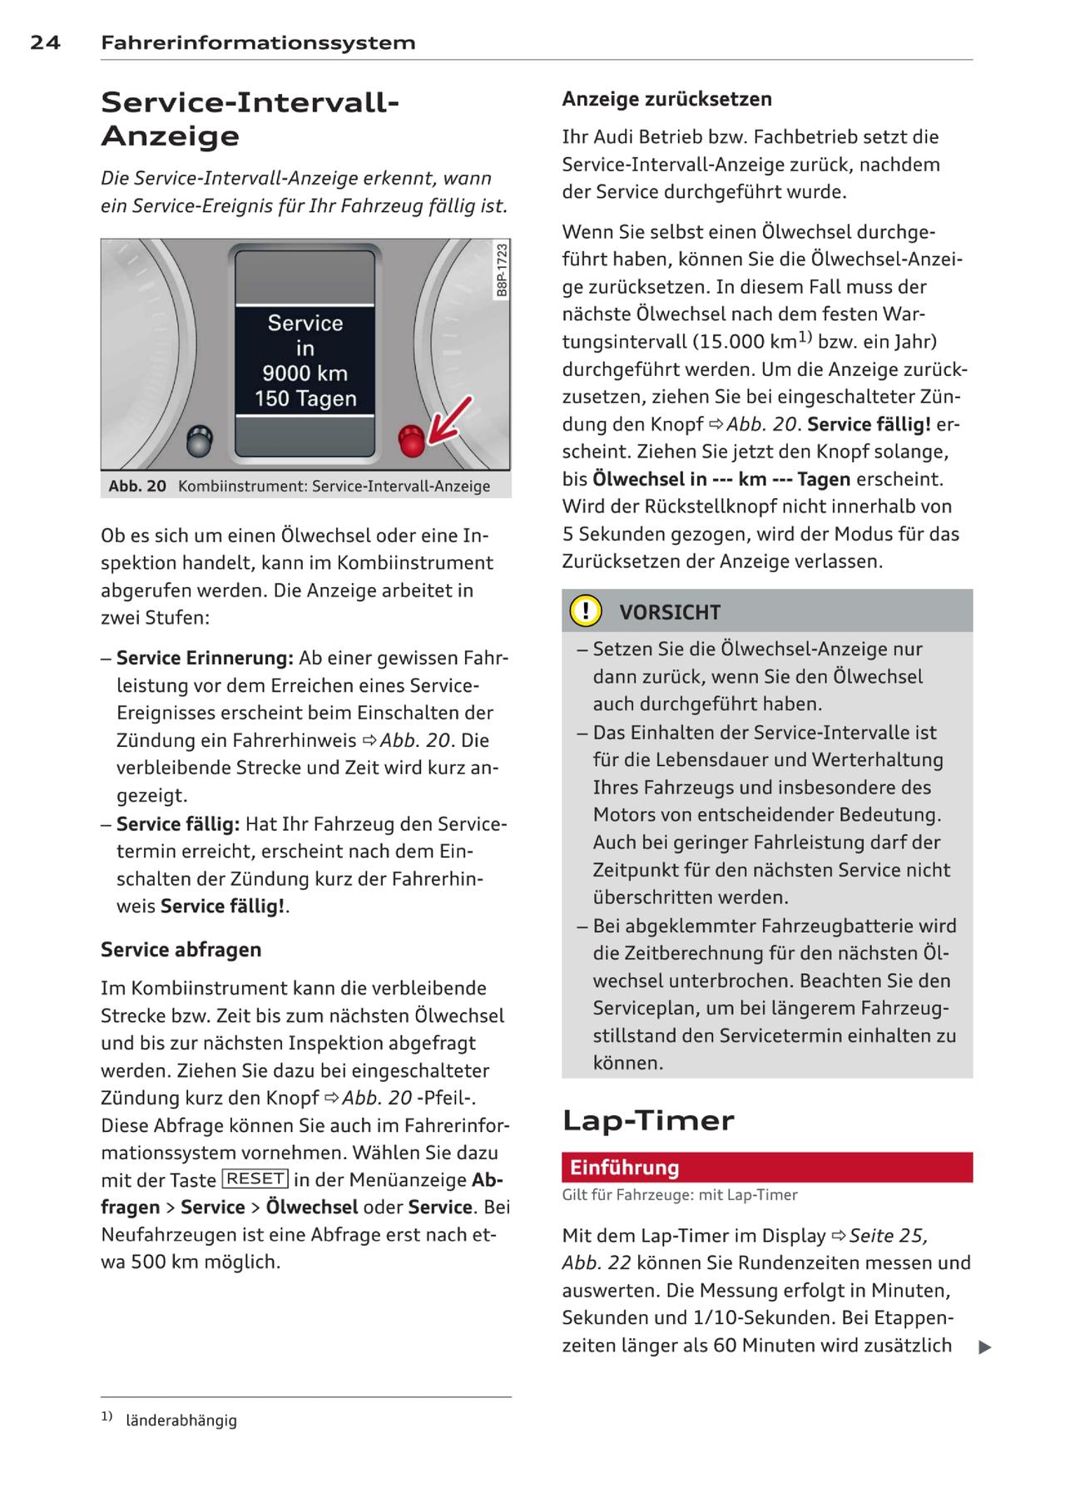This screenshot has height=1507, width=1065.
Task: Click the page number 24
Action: coord(45,42)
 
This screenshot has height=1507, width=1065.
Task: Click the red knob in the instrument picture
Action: coord(411,441)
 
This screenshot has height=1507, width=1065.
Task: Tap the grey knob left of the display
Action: coord(201,441)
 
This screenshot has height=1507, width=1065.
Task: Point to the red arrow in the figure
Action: coord(449,420)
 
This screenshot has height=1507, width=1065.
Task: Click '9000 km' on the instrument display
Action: coord(305,373)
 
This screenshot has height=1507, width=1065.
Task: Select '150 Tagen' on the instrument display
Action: coord(305,399)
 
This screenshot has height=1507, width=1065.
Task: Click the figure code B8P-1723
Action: coord(502,269)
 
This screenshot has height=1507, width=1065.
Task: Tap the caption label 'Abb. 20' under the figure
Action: coord(137,486)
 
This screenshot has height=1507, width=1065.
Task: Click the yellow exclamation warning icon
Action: coord(586,611)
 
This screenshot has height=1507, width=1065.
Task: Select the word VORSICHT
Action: coord(670,613)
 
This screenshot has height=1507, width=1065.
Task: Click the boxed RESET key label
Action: coord(255,1178)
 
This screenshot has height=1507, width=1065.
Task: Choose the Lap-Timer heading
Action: coord(648,1120)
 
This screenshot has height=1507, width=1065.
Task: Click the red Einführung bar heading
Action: coord(625,1168)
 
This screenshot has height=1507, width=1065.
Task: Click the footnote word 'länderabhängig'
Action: coord(181,1421)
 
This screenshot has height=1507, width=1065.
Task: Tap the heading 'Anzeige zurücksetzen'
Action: coord(666,99)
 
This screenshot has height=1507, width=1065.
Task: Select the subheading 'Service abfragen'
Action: coord(181,950)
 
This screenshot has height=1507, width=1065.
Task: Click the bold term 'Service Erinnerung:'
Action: coord(205,659)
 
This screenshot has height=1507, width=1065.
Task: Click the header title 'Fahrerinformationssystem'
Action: coord(258,42)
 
